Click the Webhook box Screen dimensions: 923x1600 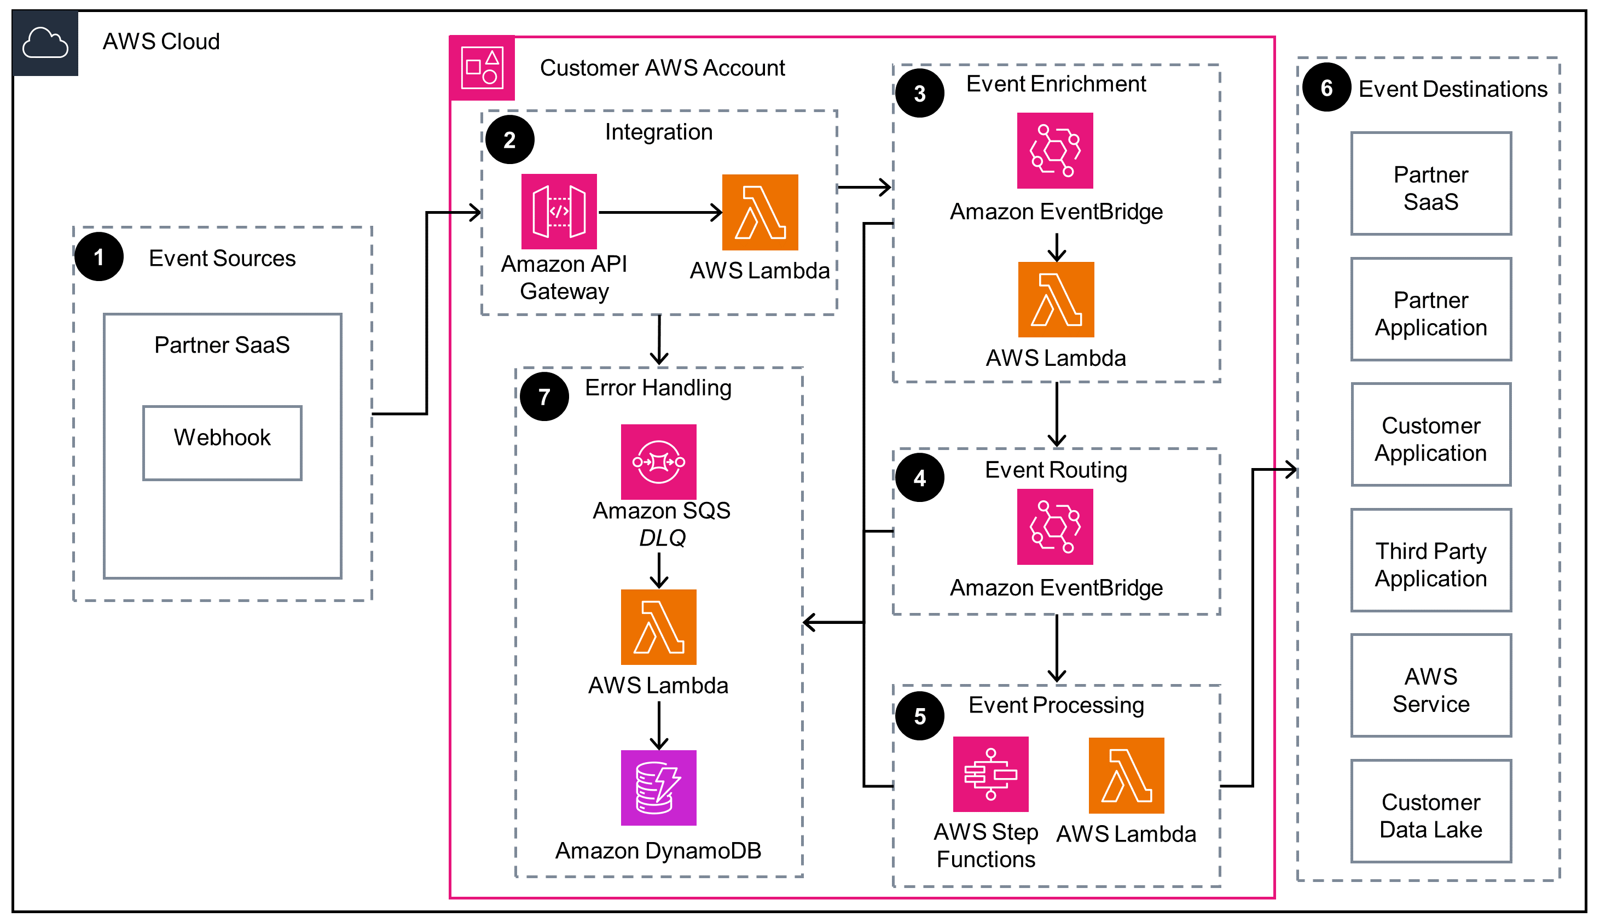coord(222,442)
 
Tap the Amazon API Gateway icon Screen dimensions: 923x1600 coord(558,211)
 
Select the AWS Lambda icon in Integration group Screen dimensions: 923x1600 coord(760,212)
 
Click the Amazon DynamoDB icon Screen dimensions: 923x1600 coord(658,787)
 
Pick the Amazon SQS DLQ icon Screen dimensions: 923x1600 coord(658,461)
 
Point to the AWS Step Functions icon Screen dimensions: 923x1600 coord(990,774)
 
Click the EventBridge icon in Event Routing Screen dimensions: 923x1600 coord(1054,526)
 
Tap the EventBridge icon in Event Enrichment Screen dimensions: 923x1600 coord(1054,150)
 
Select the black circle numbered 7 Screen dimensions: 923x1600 coord(544,397)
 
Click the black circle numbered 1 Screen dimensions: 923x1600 coord(99,257)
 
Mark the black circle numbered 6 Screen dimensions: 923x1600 coord(1326,87)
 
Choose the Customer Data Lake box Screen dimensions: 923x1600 coord(1430,811)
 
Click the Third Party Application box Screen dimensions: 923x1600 coord(1430,560)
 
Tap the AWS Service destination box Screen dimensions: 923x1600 coord(1430,685)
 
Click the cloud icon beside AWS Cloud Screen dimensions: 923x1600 coord(45,43)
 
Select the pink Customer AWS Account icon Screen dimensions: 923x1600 coord(482,67)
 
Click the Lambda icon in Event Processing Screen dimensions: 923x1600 coord(1126,775)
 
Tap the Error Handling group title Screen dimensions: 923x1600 coord(658,387)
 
